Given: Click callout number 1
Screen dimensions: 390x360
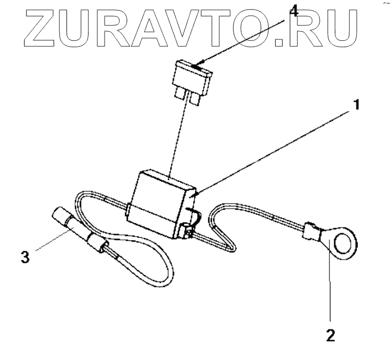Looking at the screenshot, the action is tap(355, 105).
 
